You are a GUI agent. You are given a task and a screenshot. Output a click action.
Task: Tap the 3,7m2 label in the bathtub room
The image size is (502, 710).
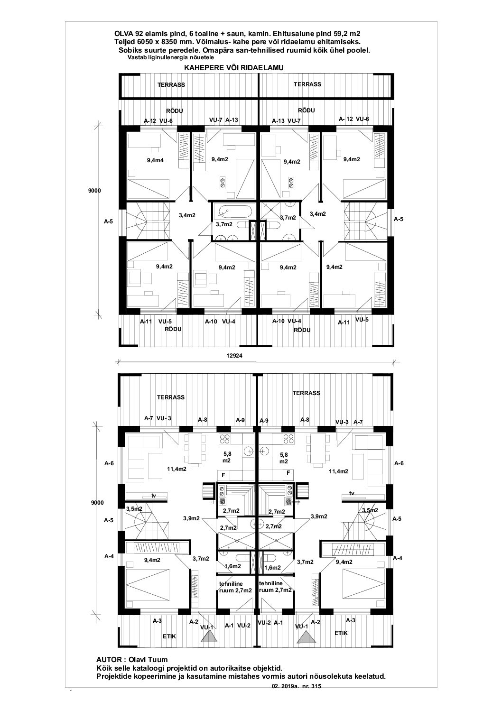(224, 224)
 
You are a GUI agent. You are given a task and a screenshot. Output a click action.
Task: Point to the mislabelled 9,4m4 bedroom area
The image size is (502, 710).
(155, 160)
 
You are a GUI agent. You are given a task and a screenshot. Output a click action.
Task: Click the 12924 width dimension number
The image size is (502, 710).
(234, 356)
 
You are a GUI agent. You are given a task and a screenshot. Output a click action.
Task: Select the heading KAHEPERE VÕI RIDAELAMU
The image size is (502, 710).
(234, 68)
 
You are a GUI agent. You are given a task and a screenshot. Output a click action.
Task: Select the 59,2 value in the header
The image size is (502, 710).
(341, 34)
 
